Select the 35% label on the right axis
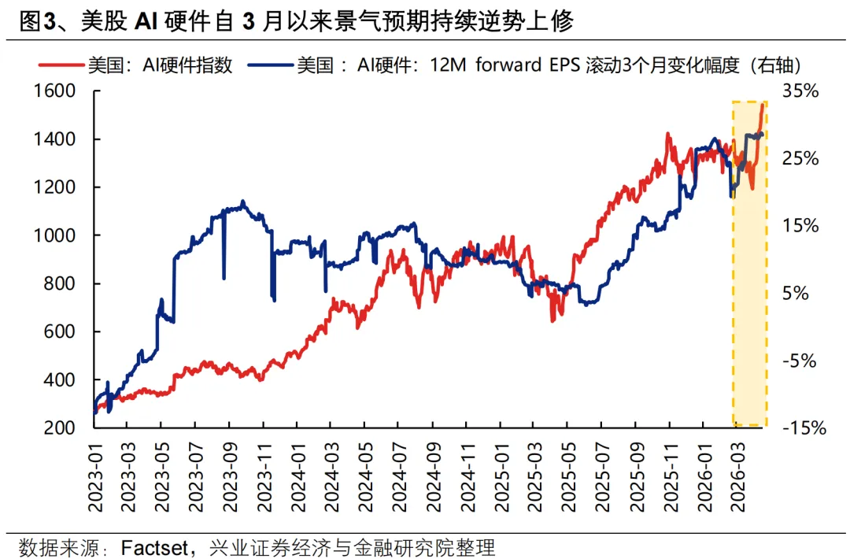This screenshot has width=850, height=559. (x=801, y=91)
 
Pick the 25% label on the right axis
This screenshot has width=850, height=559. (x=801, y=159)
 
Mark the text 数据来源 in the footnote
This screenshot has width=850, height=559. (x=54, y=546)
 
